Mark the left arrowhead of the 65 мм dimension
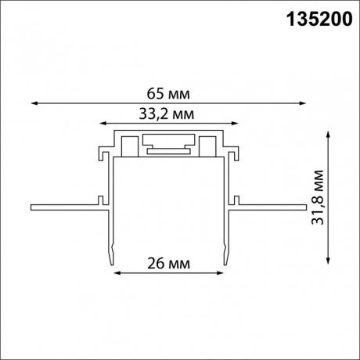coord(33,102)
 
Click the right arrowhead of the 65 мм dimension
coord(303,102)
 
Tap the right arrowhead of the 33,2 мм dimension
coord(236,122)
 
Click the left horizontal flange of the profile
coord(67,208)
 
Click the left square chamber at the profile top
coord(128,146)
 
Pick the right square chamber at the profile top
coord(208,146)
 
